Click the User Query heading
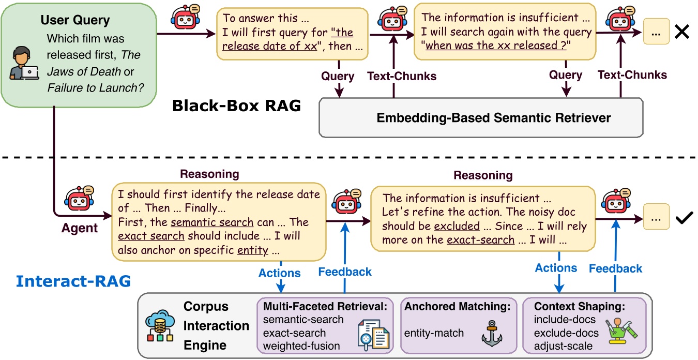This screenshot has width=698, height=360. tap(75, 21)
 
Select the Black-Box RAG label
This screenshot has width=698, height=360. tap(236, 106)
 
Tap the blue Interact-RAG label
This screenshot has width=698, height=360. tap(73, 281)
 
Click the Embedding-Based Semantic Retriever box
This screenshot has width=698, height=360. tap(481, 118)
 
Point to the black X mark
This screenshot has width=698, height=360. tap(682, 32)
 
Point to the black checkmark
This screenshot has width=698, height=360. tap(684, 219)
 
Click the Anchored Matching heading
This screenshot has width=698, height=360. tap(458, 306)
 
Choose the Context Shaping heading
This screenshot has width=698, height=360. tap(580, 306)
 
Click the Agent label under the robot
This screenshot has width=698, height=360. tap(80, 228)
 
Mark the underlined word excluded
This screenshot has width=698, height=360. tap(457, 227)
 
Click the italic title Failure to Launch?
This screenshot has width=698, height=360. tap(96, 87)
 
